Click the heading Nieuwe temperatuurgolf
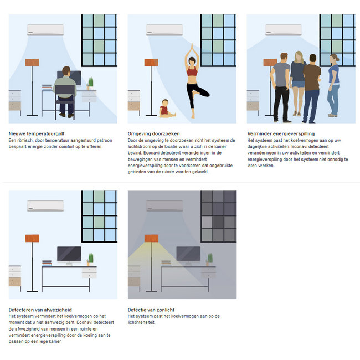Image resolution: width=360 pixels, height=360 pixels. tap(37, 133)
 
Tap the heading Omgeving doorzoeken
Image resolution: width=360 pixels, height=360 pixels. tap(153, 133)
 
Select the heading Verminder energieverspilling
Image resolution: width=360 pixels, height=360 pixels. tap(281, 133)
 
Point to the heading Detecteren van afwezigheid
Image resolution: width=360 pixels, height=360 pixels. tap(40, 310)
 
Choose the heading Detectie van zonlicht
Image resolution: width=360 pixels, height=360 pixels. tap(151, 310)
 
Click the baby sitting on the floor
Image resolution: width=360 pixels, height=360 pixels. tap(167, 109)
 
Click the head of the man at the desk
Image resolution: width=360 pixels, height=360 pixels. tap(66, 71)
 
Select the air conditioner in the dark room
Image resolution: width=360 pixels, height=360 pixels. tap(164, 206)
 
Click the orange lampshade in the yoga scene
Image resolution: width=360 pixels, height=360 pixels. tap(151, 63)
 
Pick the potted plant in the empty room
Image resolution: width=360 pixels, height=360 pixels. tap(90, 259)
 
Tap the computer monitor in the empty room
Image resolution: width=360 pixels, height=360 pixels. tap(69, 255)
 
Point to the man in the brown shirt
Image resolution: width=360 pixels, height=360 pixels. tap(311, 89)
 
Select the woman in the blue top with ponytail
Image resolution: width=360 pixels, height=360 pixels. tap(333, 85)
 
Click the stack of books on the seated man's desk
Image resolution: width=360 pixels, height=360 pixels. tap(47, 87)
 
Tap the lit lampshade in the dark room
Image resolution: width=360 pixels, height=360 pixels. tap(151, 238)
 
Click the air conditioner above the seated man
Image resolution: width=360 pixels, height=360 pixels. tap(45, 30)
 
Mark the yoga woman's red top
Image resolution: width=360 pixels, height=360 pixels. tap(192, 71)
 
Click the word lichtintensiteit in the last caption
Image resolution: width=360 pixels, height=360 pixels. tap(141, 322)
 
